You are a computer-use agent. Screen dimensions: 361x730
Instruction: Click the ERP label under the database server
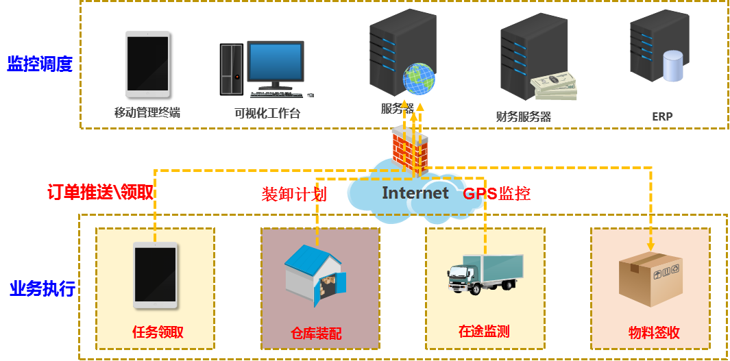662,116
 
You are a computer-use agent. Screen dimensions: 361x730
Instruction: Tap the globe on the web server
418,79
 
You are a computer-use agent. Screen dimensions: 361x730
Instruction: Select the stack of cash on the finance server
555,87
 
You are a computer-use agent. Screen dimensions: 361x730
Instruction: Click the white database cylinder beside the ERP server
673,66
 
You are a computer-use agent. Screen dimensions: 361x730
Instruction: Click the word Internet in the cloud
415,193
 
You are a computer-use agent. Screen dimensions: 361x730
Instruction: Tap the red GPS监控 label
497,194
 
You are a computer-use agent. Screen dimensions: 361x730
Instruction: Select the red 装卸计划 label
294,194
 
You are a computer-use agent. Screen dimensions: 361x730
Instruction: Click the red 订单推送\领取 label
100,192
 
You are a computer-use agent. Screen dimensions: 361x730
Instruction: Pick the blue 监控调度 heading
40,65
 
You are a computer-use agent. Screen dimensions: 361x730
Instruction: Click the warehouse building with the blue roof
315,275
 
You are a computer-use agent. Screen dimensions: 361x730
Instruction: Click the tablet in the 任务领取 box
156,275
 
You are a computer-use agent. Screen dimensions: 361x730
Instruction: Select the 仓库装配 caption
316,334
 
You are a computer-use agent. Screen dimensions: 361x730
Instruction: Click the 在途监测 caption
484,332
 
